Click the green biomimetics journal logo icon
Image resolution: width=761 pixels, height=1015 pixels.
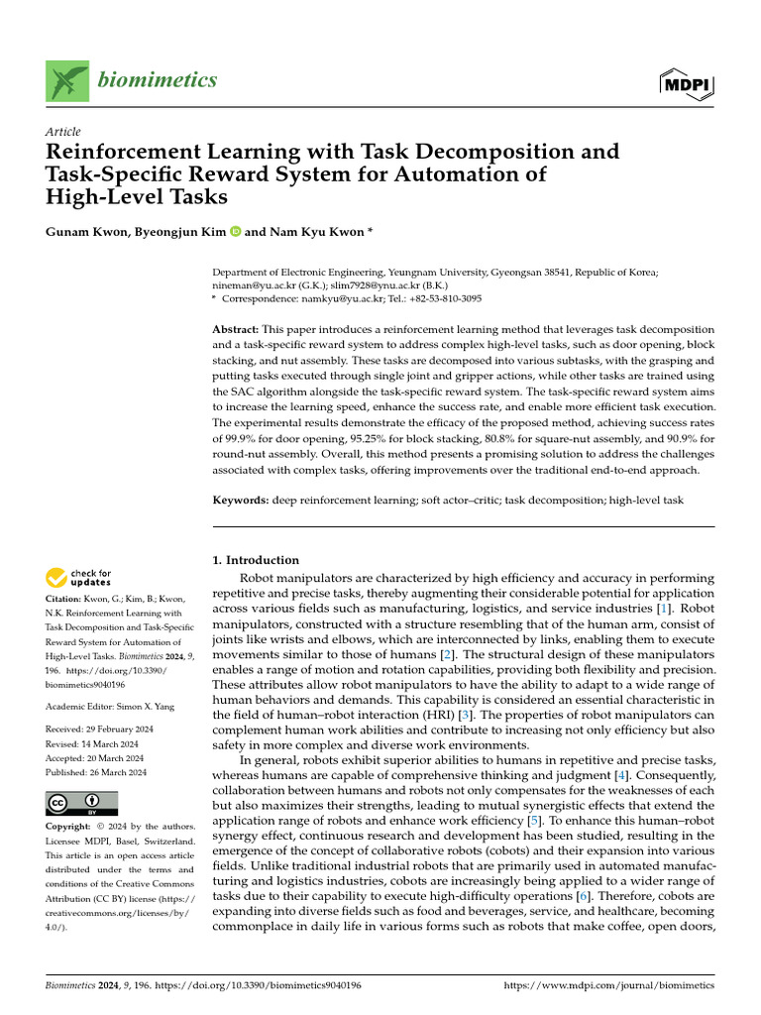[66, 80]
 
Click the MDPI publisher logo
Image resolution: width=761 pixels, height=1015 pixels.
[686, 85]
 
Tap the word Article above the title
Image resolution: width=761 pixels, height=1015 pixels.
[63, 132]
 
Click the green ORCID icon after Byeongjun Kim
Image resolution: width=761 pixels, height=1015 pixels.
[235, 232]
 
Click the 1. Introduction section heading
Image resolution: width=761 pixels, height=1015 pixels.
[256, 560]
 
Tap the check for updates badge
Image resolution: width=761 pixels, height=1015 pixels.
[79, 578]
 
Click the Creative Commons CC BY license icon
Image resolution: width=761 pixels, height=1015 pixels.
[81, 803]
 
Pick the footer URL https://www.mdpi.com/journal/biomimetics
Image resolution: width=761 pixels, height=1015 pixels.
[608, 986]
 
